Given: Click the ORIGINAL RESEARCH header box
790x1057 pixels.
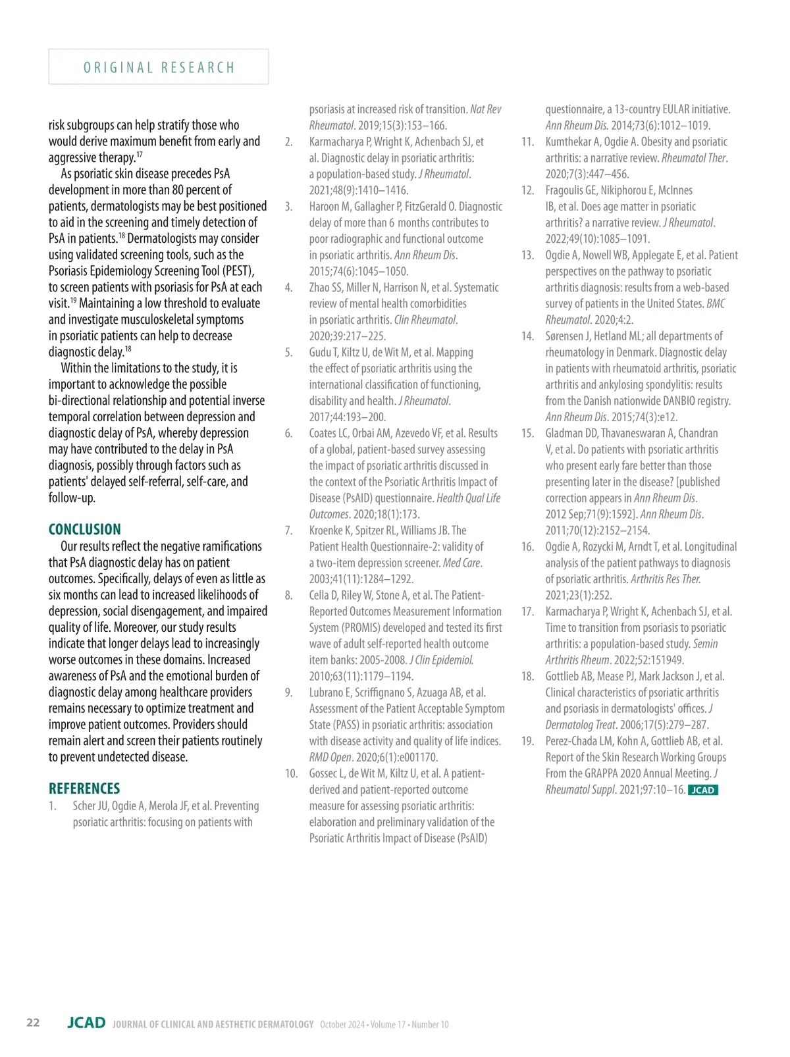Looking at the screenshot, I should [159, 67].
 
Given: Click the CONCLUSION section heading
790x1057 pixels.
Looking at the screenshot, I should [85, 530].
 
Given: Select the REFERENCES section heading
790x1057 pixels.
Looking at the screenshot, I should [84, 788].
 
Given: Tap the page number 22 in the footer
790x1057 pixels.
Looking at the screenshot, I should [33, 1023].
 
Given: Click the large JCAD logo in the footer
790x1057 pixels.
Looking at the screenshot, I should [86, 1023].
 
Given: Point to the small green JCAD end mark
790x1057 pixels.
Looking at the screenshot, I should [702, 790].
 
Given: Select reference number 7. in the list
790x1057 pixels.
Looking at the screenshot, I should [288, 530].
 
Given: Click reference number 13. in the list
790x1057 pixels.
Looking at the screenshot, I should [527, 255].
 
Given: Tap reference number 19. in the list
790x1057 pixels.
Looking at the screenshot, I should [527, 741].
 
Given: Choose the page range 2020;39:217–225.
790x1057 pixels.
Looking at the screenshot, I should [347, 336].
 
